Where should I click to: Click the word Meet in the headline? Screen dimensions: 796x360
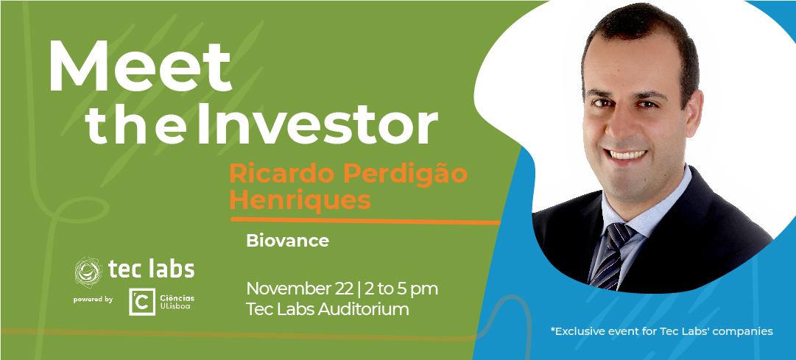[x=140, y=66]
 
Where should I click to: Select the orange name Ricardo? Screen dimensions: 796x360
[x=283, y=173]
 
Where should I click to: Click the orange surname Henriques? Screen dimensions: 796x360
[x=300, y=200]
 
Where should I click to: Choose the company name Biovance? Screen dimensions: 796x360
[x=287, y=241]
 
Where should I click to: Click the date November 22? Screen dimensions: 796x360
[x=299, y=289]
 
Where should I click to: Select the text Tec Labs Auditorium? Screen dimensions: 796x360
[x=328, y=309]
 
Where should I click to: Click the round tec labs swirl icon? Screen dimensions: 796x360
[x=88, y=271]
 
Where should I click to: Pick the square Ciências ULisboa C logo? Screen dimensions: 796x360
[x=142, y=302]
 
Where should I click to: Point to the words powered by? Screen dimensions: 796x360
[x=93, y=300]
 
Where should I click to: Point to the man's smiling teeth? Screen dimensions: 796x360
[x=627, y=154]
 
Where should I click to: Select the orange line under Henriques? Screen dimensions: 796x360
[x=366, y=221]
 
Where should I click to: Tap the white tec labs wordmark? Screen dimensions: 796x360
[x=151, y=269]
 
